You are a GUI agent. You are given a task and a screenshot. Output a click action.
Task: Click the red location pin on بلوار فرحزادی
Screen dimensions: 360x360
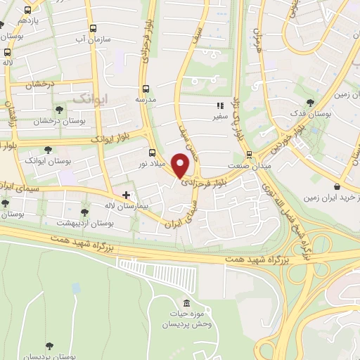(181, 165)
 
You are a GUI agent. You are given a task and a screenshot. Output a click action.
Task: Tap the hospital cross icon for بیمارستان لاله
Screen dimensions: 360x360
(127, 195)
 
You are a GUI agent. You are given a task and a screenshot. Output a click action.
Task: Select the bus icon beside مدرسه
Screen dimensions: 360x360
(146, 89)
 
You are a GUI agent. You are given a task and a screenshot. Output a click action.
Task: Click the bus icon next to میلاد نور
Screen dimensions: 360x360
(153, 153)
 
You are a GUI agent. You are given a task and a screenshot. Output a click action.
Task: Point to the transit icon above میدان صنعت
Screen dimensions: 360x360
(248, 155)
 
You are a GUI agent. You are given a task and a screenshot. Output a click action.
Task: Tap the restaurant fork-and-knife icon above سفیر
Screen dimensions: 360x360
(220, 106)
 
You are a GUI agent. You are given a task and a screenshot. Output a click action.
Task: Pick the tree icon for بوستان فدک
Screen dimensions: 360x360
(311, 103)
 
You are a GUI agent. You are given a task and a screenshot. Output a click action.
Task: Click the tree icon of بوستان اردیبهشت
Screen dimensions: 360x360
(84, 212)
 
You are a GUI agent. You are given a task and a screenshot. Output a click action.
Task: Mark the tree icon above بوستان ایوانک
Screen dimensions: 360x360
(48, 149)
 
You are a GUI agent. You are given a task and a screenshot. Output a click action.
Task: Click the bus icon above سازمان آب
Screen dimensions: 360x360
(92, 29)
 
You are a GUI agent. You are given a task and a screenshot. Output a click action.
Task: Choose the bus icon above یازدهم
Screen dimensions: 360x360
(27, 11)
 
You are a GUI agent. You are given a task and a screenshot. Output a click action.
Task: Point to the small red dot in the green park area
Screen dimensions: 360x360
(76, 287)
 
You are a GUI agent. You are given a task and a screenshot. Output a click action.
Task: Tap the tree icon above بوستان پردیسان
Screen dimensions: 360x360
(50, 345)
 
